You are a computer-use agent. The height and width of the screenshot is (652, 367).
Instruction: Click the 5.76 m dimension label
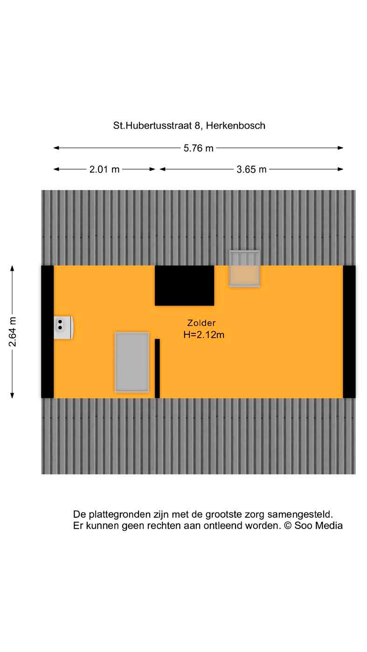pos(198,148)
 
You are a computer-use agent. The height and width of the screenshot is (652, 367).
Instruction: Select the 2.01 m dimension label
pos(104,169)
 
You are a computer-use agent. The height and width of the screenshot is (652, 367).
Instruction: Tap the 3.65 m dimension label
pos(251,169)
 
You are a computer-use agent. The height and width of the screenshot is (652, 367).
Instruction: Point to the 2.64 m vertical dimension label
pos(13,332)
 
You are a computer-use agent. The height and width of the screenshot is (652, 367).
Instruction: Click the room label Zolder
pos(201,323)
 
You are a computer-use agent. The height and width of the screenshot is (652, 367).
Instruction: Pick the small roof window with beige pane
pos(244,269)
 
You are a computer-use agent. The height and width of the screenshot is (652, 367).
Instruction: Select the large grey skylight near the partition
pos(132,362)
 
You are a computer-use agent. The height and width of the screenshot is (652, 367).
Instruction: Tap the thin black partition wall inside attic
pos(157,368)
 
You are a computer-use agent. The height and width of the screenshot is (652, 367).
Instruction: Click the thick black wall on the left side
pos(48,332)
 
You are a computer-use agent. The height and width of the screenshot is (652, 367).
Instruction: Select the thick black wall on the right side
pos(349,332)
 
